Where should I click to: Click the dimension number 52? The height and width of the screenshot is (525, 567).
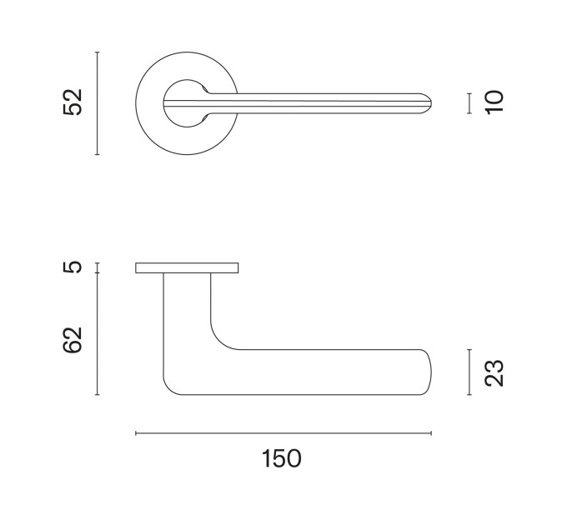(x=73, y=102)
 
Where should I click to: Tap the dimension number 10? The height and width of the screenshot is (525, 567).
(x=494, y=102)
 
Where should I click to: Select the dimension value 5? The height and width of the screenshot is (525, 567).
(x=73, y=267)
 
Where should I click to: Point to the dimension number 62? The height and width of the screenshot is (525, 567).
(x=73, y=340)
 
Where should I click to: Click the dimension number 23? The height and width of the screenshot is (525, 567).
(x=494, y=373)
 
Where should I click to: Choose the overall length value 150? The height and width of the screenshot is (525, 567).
(x=281, y=458)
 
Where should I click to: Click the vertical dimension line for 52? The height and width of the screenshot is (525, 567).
(x=98, y=103)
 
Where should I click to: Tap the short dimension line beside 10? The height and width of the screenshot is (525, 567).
(x=469, y=103)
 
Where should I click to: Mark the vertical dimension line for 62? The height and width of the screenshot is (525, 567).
(x=98, y=334)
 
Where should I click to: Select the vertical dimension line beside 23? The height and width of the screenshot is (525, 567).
(x=469, y=372)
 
